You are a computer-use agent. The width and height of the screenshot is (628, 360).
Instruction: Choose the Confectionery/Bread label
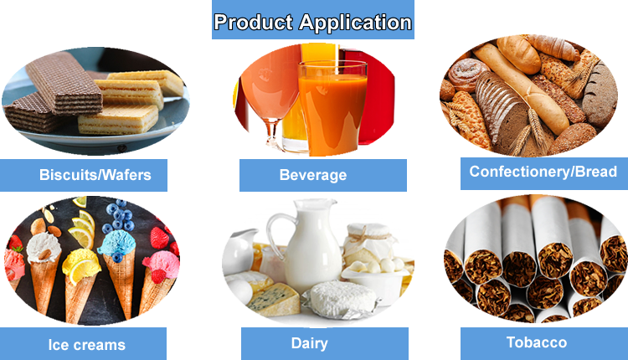(543, 172)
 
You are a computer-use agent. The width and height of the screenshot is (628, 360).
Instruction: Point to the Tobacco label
(536, 342)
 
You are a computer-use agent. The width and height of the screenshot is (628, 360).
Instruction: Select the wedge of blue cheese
(272, 294)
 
